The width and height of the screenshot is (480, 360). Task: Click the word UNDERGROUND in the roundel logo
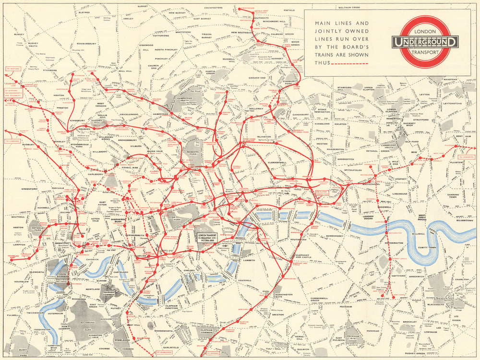425,42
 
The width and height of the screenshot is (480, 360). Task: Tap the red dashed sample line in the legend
355,63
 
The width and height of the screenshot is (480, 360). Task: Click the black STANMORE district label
49,70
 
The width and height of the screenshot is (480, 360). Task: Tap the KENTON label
59,96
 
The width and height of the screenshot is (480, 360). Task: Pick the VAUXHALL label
244,280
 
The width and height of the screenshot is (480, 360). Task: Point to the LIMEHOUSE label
399,194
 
